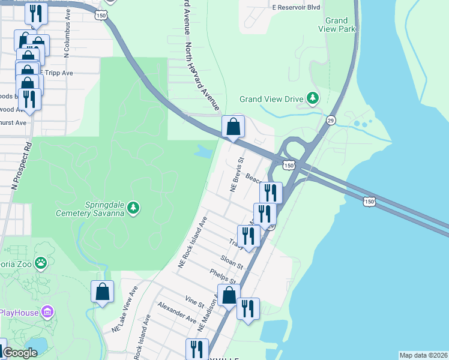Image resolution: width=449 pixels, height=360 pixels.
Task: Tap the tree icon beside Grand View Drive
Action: pos(312,98)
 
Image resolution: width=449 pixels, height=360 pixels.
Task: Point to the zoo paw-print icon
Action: pos(41,262)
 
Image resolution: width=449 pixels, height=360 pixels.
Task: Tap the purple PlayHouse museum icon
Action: pos(49,312)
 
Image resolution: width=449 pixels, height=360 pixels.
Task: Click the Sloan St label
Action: pos(231,262)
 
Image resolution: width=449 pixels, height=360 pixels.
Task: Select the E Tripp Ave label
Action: pos(58,73)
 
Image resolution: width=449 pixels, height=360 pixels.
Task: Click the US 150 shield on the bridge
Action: pos(369,202)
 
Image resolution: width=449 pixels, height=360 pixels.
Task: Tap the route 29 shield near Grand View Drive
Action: pos(331,121)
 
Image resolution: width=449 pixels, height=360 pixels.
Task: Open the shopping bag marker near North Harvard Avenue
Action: pos(233,127)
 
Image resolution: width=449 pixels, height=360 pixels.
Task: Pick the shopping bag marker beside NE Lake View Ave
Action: pos(103,292)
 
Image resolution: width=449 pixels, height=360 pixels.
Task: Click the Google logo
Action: pos(19,353)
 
